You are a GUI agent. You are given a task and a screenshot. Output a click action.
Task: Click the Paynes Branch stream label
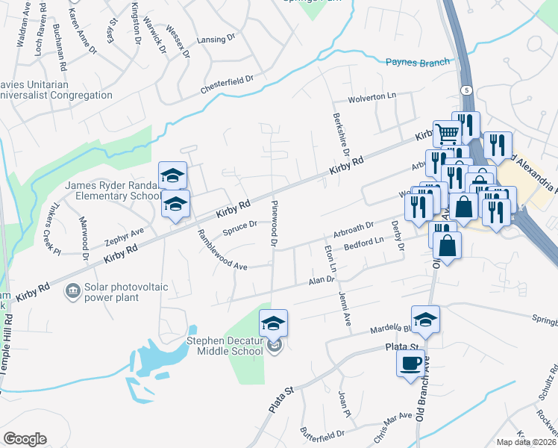tap(418, 63)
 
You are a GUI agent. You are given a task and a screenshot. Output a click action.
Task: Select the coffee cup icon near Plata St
tap(410, 364)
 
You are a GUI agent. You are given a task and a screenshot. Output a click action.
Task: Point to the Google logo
tap(25, 438)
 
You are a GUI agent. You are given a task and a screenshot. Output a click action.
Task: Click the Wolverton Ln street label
tap(372, 97)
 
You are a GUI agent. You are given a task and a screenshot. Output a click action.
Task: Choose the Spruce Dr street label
tap(239, 225)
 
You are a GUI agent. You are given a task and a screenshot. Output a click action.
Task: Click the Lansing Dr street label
tap(215, 40)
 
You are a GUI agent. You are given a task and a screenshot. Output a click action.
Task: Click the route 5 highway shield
tap(467, 90)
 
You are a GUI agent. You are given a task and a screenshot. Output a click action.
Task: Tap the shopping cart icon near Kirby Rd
tap(446, 134)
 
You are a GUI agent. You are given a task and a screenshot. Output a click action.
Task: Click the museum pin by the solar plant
tap(73, 290)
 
